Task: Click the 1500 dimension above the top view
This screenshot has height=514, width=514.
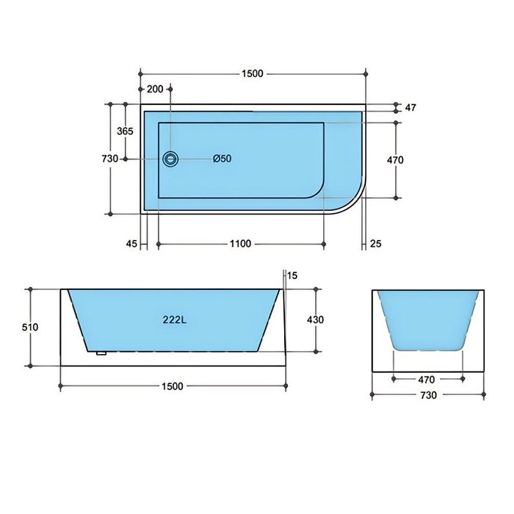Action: coord(252,73)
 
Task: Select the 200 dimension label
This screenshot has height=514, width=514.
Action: coord(155,89)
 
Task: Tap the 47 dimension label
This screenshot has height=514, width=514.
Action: coord(410,108)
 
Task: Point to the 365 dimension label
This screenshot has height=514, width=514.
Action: coord(125,131)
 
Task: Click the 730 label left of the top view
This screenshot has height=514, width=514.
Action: coord(109,159)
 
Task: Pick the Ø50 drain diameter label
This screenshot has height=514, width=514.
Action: coord(222,159)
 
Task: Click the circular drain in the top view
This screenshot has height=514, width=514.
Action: coord(170,159)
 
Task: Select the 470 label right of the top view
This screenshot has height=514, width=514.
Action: coord(395,159)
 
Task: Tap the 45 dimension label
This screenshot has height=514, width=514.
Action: coord(131,244)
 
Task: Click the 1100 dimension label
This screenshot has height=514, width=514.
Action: coord(240,244)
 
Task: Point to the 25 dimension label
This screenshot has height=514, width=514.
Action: coord(375,244)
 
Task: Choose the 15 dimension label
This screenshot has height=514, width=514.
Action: coord(292,275)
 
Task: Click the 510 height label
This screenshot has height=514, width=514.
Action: coord(29,327)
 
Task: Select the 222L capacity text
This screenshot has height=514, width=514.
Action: coord(173,319)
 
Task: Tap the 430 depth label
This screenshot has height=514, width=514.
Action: coord(315,319)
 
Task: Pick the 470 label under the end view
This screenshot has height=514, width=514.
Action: coord(427,380)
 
